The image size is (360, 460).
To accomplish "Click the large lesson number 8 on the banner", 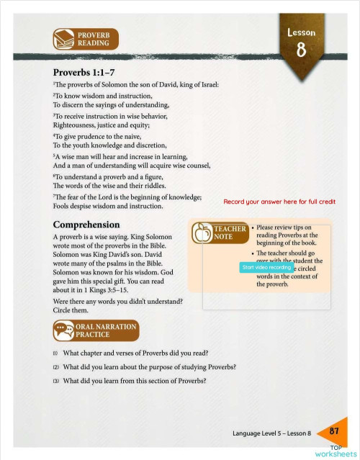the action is coord(301,51).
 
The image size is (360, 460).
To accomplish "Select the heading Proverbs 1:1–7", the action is coord(84,73).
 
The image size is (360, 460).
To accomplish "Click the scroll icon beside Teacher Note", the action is coord(202,233).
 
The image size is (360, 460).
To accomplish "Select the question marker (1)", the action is coord(55,353).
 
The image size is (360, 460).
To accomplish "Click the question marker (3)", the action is coord(55,381).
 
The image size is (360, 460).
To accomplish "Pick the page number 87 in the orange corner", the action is coord(334,430).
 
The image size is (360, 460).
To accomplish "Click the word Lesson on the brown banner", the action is coord(301,32).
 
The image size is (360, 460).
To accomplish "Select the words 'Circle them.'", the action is coord(72,310).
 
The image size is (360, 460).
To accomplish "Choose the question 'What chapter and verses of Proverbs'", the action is coord(135,353).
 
